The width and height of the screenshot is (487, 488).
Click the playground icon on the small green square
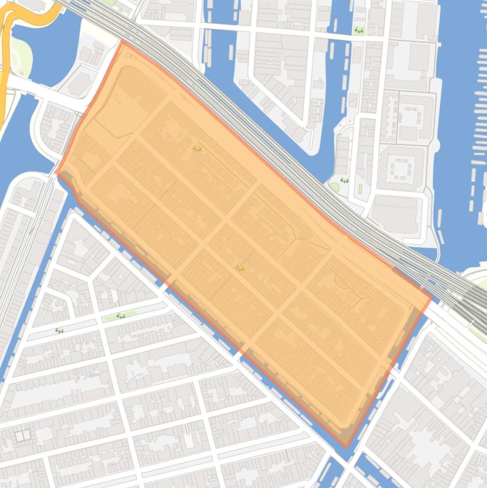[359, 30]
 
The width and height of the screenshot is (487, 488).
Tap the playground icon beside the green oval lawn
[344, 181]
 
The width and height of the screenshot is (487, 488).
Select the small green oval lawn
[334, 186]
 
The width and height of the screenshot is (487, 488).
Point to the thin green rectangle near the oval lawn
[360, 189]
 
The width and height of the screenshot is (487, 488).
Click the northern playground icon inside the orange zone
[197, 148]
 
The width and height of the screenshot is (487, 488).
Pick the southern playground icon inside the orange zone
[239, 267]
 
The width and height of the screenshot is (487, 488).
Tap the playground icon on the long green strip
[120, 315]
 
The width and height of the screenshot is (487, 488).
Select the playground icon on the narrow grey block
[59, 330]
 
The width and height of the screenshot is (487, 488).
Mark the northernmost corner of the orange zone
[122, 42]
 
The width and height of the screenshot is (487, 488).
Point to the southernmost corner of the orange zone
[346, 447]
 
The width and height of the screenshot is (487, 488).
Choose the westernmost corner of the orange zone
[57, 172]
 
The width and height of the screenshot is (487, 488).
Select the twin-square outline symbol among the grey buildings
[23, 435]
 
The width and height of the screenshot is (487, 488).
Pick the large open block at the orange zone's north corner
[123, 95]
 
